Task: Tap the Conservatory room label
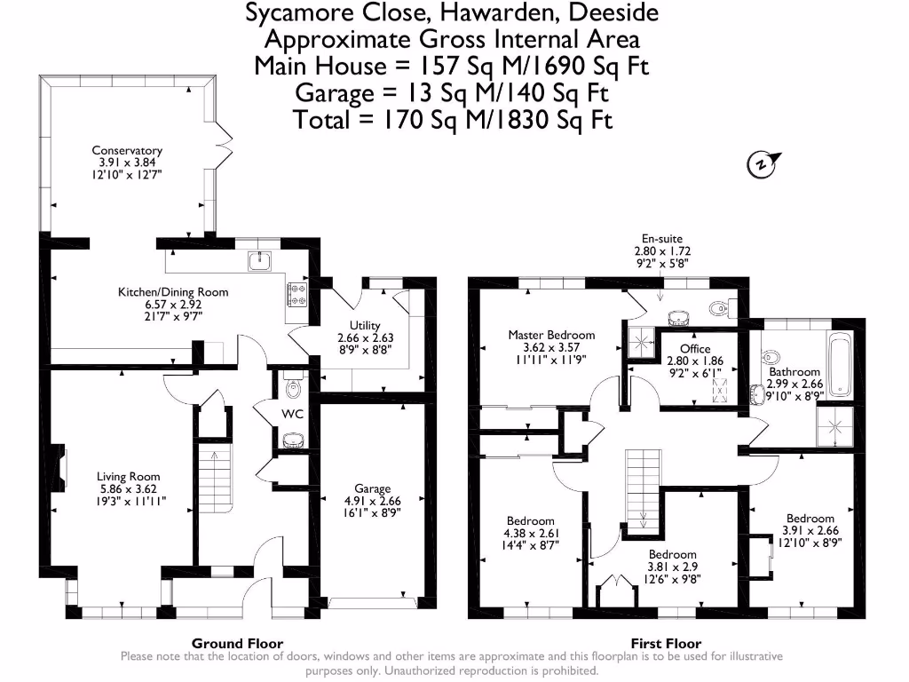coord(130,150)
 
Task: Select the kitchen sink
coord(260,261)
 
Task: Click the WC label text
coord(294,414)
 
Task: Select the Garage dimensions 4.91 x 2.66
coord(372,500)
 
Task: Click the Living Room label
coord(129,477)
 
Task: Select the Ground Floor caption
coord(237,644)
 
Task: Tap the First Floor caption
coord(666,644)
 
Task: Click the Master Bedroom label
coord(551,335)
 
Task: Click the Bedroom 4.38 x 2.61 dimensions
coord(531,533)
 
